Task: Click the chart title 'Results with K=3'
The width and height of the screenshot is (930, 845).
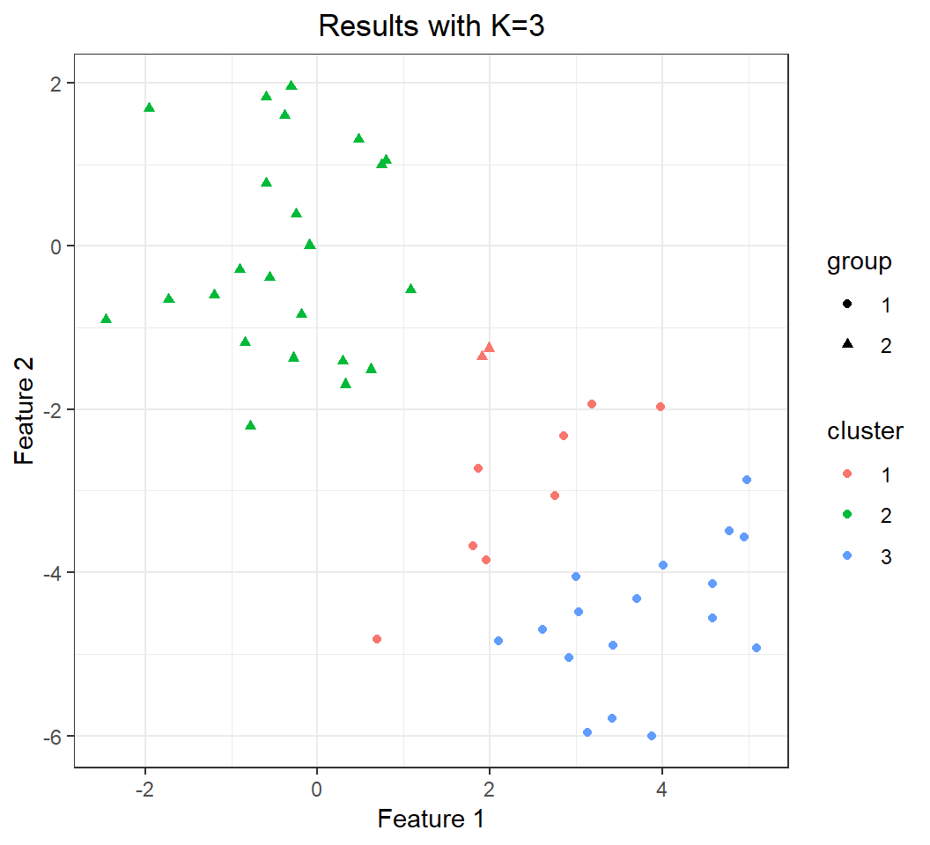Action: point(432,26)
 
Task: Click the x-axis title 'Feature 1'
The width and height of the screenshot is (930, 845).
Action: point(431,819)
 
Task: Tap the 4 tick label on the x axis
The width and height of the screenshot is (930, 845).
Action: point(661,786)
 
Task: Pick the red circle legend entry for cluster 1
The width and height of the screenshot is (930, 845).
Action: point(847,474)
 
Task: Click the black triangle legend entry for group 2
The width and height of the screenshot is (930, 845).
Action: point(847,345)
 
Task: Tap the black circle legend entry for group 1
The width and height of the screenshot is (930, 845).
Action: point(847,305)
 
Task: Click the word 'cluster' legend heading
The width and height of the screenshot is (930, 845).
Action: point(865,431)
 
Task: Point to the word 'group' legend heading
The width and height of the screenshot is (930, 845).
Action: point(859,262)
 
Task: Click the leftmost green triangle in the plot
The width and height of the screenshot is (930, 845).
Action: point(106,319)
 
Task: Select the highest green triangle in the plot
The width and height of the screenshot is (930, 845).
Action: point(292,85)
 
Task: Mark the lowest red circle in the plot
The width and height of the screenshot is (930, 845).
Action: point(377,639)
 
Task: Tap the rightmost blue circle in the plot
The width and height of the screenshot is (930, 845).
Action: point(756,648)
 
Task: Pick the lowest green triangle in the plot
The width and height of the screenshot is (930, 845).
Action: point(251,425)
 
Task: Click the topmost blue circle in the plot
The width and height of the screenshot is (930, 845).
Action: point(747,480)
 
